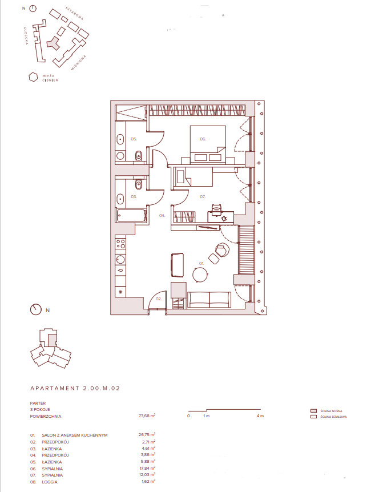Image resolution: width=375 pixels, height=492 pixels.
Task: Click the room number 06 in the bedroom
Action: coord(203,139)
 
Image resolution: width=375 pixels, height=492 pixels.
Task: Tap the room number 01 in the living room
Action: coord(200,263)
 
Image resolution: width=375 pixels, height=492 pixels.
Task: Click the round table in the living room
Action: coord(201,275)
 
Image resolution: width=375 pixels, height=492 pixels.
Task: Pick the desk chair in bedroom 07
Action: coord(216,209)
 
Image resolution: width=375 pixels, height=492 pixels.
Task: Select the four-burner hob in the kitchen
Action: coord(120,245)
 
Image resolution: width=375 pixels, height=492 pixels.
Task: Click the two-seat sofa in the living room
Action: coord(209,299)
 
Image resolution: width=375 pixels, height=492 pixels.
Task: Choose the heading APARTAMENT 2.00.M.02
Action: coord(75,388)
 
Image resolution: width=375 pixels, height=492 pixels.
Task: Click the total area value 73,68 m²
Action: coord(147,416)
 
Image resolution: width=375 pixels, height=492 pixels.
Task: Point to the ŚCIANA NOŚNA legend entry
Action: coord(330,410)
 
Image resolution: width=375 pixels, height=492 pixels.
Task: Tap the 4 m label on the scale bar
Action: coord(260,416)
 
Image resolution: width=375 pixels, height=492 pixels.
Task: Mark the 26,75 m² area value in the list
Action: coord(147,435)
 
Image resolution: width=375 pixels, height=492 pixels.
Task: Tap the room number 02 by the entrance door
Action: coord(159,298)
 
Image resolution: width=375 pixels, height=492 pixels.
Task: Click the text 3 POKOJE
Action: coord(40,409)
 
